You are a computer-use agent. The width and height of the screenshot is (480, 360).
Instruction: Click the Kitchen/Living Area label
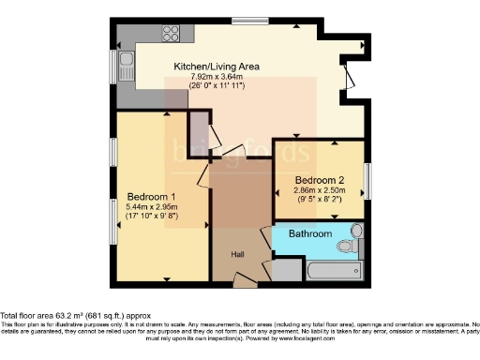pos(216,67)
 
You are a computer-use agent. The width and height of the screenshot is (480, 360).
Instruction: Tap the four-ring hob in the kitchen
pos(172,35)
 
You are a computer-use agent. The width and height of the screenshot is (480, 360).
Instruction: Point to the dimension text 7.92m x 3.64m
pos(216,78)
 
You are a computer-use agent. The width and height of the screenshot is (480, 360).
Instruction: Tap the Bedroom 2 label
pos(320,180)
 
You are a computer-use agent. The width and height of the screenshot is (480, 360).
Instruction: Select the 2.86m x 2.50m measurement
pos(320,190)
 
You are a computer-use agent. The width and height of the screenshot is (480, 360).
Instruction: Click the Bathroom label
pos(309,233)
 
